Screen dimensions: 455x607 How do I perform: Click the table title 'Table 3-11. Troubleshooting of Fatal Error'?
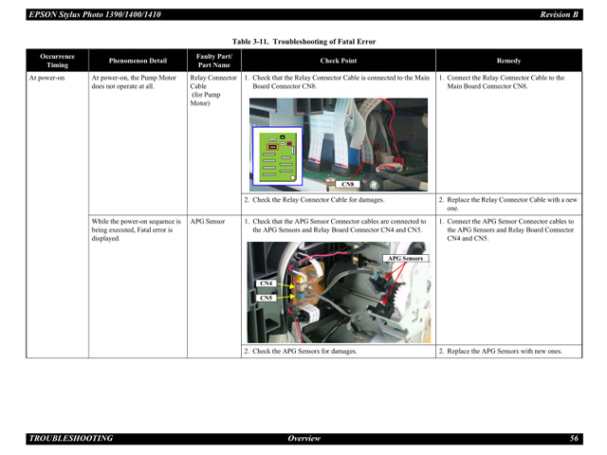303,42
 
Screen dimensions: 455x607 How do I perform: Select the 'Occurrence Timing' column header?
57,61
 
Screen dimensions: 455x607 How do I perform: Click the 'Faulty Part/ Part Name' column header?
213,61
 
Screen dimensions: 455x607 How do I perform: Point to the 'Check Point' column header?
338,61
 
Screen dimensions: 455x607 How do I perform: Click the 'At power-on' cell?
46,79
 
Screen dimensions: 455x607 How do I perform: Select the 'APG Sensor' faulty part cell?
208,221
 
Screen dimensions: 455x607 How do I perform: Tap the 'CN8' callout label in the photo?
348,184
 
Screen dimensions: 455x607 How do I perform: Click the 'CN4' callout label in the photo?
266,282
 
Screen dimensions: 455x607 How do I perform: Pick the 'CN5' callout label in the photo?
266,298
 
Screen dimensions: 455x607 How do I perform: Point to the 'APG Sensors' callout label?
405,258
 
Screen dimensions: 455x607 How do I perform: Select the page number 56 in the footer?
574,439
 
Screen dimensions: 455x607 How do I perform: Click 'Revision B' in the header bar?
559,14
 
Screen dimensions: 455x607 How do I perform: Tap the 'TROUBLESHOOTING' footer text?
71,439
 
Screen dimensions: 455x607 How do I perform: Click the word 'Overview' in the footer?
303,439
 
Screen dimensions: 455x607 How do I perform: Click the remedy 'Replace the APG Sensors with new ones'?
504,352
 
